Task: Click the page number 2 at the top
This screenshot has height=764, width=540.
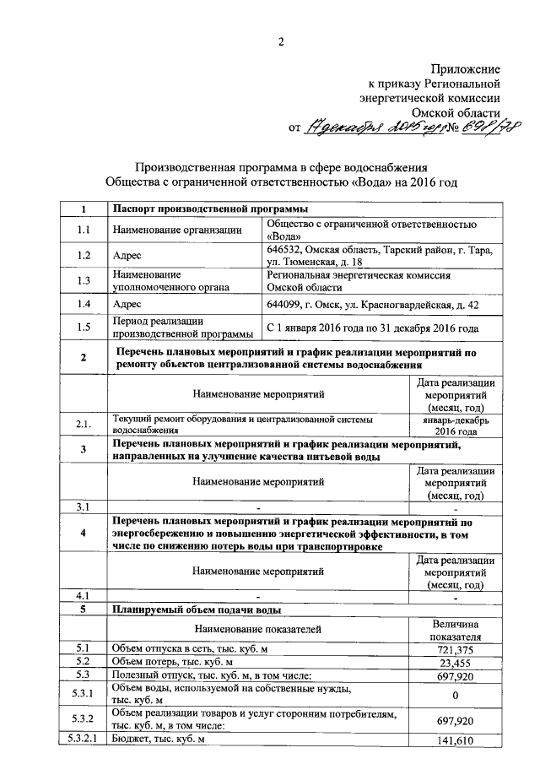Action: point(283,41)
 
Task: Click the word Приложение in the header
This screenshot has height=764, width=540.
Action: point(467,68)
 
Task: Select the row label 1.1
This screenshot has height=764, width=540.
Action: point(84,230)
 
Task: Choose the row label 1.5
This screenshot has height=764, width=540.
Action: point(84,328)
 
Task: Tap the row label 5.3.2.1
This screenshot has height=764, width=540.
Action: point(83,740)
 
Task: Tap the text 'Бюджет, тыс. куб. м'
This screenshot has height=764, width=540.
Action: point(159,740)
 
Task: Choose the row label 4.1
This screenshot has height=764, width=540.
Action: point(83,596)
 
